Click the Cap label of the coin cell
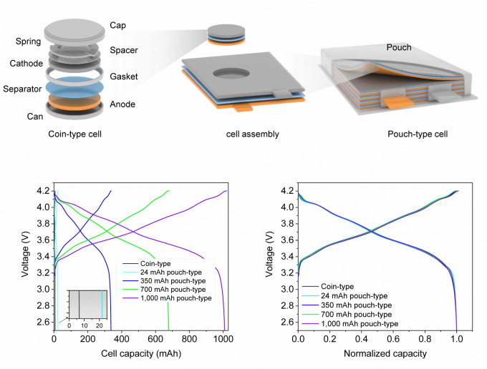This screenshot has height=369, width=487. click(x=117, y=25)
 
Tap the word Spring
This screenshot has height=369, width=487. click(x=28, y=41)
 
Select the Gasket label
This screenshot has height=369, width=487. click(x=124, y=77)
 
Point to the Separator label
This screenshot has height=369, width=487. click(x=22, y=89)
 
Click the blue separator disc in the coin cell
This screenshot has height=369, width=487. click(x=74, y=87)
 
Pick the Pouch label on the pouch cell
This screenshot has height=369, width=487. click(x=399, y=47)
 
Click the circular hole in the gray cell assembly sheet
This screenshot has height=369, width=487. click(x=231, y=74)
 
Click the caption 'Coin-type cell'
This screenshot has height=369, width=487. click(x=75, y=134)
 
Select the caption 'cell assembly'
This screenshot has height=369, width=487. click(x=253, y=134)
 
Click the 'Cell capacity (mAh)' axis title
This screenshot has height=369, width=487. click(x=141, y=353)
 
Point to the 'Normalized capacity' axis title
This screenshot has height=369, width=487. click(x=385, y=353)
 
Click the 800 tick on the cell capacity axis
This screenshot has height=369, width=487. click(x=189, y=339)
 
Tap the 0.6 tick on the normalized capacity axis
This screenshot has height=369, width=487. click(x=393, y=339)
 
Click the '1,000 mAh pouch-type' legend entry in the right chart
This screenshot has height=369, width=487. click(x=350, y=324)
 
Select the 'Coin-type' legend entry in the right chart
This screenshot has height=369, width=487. click(x=328, y=286)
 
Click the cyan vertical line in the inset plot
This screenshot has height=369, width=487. click(x=102, y=305)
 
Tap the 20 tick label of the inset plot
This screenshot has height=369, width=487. click(x=99, y=325)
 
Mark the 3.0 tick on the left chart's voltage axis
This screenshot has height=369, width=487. click(x=43, y=289)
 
